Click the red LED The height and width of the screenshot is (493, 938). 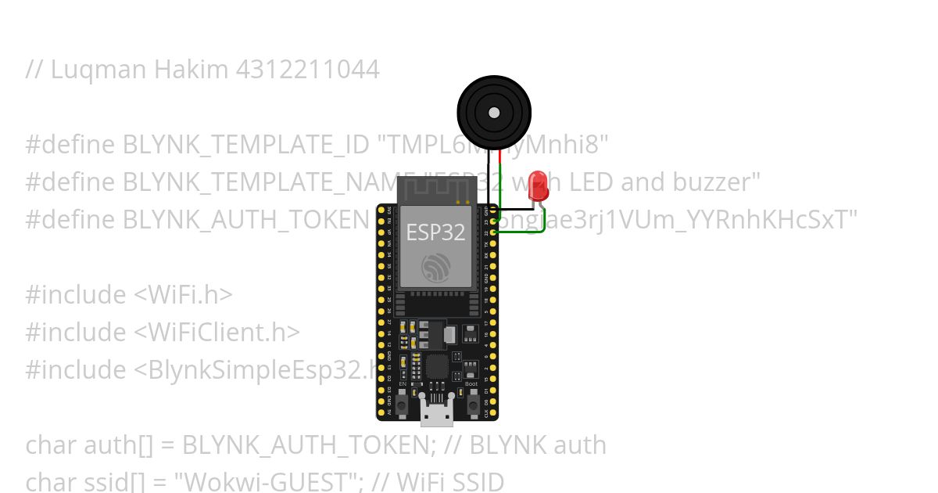[538, 186]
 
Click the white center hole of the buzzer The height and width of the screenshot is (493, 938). [493, 113]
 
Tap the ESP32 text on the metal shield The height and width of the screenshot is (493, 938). [435, 232]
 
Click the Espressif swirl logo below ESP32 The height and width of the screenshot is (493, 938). [436, 267]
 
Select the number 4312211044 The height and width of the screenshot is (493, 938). [307, 70]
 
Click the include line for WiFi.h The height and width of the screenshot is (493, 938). [129, 295]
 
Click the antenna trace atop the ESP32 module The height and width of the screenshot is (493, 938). [436, 188]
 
